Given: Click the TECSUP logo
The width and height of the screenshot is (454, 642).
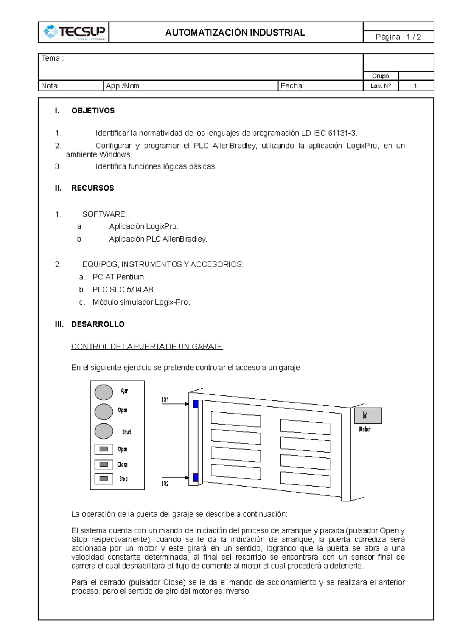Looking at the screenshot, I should click(74, 32).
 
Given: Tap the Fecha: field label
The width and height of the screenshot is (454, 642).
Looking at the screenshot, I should click(292, 86).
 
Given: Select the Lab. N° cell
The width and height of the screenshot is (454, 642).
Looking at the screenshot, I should click(380, 86).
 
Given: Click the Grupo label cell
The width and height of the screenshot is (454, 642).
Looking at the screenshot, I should click(380, 76).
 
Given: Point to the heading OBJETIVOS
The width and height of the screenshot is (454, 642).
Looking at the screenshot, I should click(93, 111).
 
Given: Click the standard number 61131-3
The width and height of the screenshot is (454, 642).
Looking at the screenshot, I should click(342, 133).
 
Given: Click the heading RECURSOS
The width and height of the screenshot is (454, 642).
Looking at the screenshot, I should click(93, 188).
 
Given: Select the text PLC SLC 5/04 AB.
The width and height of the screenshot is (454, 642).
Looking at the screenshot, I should click(124, 290).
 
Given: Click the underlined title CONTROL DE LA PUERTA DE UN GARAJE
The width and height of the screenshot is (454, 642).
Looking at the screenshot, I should click(147, 346).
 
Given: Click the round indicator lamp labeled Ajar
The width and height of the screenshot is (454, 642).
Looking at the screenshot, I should click(104, 392).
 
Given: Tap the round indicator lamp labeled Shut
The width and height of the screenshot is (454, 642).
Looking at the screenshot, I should click(104, 431).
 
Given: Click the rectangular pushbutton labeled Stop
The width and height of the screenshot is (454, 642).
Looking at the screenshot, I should click(104, 479).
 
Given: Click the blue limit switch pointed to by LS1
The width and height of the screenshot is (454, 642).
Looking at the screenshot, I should click(196, 404).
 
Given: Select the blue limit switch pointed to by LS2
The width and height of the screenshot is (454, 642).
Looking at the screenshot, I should click(196, 478).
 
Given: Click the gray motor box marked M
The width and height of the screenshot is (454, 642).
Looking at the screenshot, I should click(368, 416).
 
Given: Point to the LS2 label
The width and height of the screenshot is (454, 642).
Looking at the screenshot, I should click(165, 484).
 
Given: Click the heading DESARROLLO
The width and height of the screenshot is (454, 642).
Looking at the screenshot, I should click(98, 324).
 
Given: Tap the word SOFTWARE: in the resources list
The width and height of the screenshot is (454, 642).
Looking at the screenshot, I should click(105, 214).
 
